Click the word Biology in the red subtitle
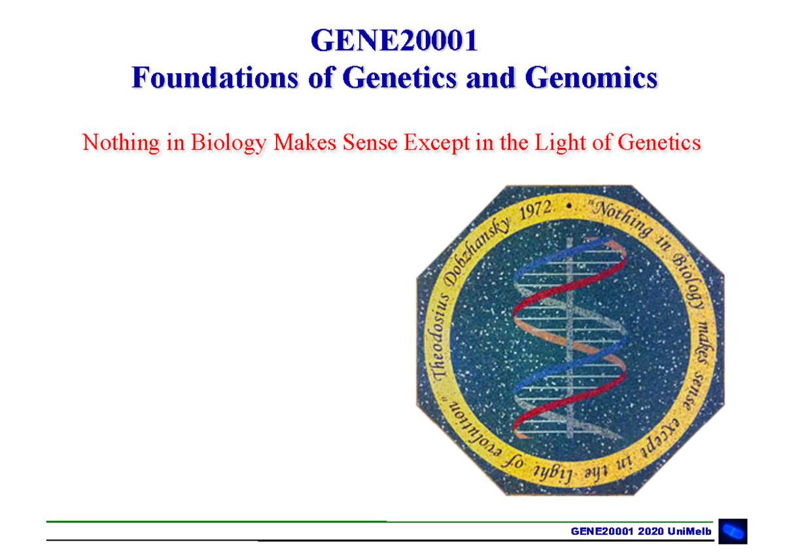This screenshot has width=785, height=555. click(228, 142)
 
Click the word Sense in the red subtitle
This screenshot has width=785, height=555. click(368, 142)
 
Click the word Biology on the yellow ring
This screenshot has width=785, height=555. click(683, 278)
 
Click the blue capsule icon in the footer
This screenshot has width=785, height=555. click(733, 531)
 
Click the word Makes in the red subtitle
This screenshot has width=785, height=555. click(304, 142)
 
